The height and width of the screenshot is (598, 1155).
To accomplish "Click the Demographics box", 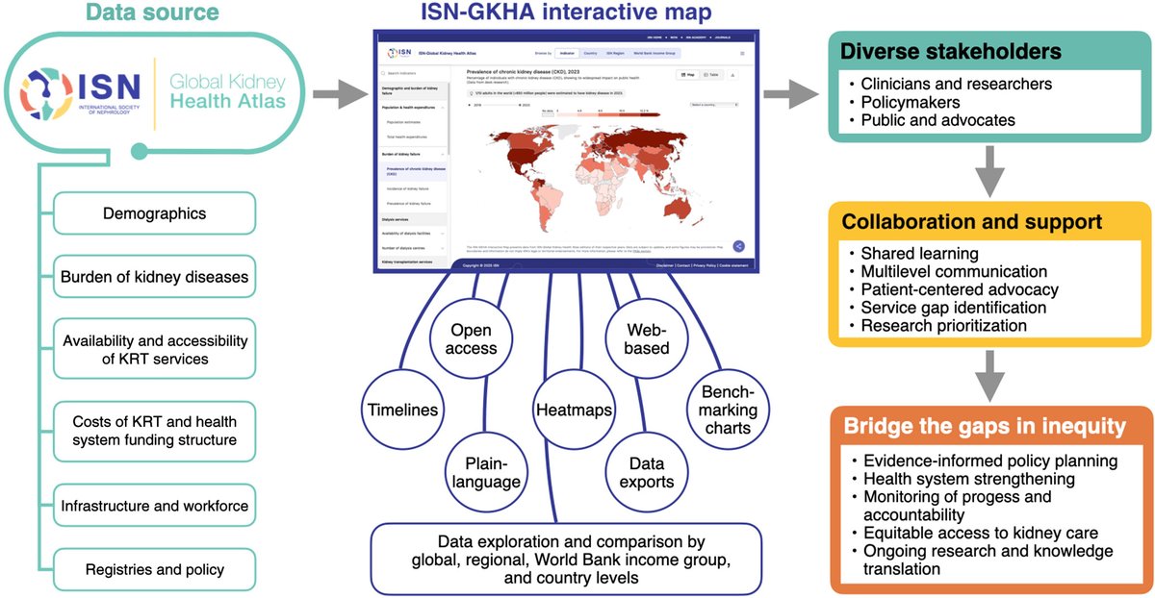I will pos(154,213).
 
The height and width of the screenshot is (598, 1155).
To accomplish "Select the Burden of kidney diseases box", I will pos(154,278).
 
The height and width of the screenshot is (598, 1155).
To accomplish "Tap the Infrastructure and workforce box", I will pos(154,506).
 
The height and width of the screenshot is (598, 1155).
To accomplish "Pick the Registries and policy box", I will pos(154,569).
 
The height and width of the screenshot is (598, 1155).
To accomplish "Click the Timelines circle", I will pos(402,410).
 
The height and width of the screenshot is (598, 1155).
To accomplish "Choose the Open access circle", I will pos(472,339).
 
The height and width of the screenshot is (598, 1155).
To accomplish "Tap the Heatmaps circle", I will pos(574,410).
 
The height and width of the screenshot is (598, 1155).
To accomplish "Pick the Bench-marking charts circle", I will pos(729,411).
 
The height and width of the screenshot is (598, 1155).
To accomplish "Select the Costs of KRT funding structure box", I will pos(154,431).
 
